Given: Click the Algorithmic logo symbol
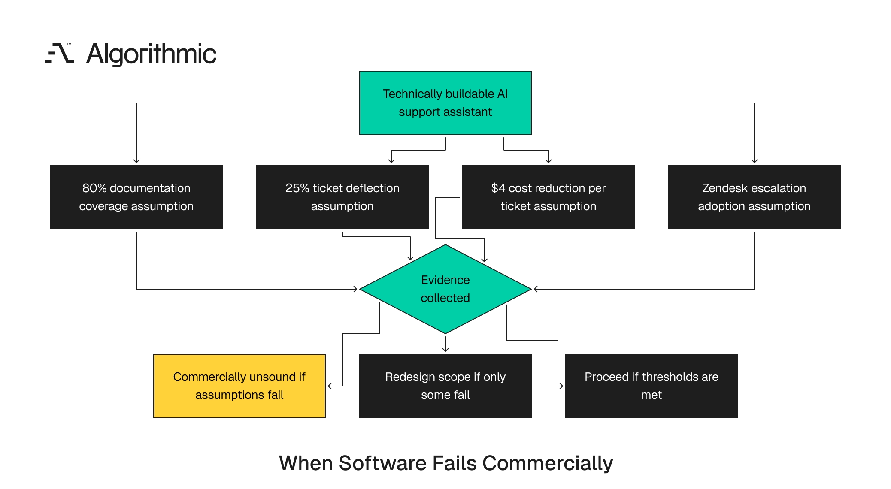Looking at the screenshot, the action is click(x=59, y=54).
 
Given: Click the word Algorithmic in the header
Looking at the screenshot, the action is click(x=152, y=54).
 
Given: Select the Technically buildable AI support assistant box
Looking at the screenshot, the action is click(x=445, y=103).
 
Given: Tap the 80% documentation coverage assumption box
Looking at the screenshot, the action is click(x=136, y=197).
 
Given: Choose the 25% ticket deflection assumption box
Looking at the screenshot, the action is click(x=342, y=197).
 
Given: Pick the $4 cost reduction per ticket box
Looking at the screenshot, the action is click(x=549, y=197).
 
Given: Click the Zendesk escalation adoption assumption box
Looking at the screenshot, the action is click(x=755, y=197).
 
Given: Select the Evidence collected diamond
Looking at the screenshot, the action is click(x=445, y=289).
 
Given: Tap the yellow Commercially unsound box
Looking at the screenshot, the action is click(x=239, y=386).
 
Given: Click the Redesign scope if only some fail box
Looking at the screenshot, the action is click(x=445, y=386).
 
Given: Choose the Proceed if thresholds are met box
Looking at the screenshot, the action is click(x=652, y=386).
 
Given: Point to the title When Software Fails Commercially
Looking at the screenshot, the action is click(x=446, y=463).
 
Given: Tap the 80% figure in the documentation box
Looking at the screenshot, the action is click(x=94, y=188).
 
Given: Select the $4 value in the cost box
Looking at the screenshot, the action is click(x=498, y=188).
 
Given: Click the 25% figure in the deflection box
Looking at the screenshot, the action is click(x=297, y=188).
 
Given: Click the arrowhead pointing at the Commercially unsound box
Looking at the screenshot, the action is click(x=330, y=386).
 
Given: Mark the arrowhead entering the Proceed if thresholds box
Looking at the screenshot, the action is click(x=561, y=386).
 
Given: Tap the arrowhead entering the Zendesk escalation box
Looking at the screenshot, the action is click(x=755, y=161).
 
